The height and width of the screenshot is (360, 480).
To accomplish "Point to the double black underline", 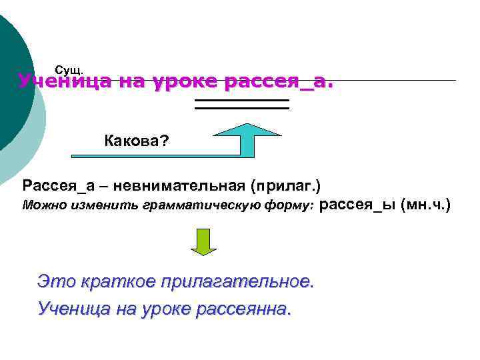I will [241, 103].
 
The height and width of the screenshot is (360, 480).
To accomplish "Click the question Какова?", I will [137, 140].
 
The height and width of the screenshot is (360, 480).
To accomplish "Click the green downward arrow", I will [203, 242].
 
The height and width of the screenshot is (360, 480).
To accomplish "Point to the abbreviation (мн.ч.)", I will [425, 205].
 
